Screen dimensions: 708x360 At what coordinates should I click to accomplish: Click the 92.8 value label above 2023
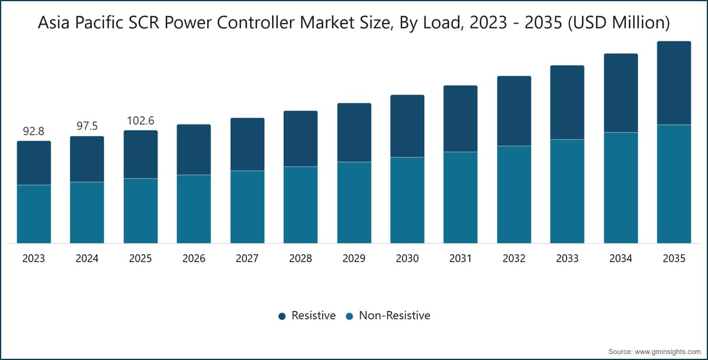[x=34, y=131]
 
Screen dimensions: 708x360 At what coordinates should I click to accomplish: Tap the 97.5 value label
[x=87, y=126]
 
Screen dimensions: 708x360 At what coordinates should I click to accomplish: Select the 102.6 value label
[x=140, y=120]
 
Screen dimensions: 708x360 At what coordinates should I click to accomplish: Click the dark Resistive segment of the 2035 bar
[x=674, y=83]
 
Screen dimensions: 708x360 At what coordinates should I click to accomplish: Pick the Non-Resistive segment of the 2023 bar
[x=34, y=214]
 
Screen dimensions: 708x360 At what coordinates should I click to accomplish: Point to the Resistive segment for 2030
[x=408, y=126]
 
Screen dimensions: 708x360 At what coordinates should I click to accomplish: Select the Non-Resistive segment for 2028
[x=300, y=205]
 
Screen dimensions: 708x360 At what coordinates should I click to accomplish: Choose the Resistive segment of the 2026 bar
[x=194, y=149]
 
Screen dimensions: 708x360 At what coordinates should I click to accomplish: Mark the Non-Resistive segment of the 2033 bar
[x=568, y=191]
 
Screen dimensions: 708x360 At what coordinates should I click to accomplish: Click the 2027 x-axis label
[x=247, y=258]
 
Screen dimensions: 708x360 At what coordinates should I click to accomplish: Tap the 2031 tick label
[x=461, y=258]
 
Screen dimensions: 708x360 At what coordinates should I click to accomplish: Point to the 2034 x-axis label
[x=621, y=258]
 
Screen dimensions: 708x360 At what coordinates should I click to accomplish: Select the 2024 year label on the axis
[x=87, y=258]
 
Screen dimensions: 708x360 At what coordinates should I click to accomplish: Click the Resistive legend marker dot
[x=282, y=316]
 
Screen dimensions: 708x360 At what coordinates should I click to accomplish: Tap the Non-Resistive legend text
[x=395, y=315]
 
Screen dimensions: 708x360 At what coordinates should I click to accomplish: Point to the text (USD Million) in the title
[x=619, y=23]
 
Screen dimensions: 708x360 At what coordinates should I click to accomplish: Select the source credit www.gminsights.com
[x=668, y=352]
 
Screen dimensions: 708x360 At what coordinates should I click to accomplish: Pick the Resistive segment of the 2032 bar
[x=514, y=111]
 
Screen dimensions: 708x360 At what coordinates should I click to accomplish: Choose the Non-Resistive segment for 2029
[x=355, y=202]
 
